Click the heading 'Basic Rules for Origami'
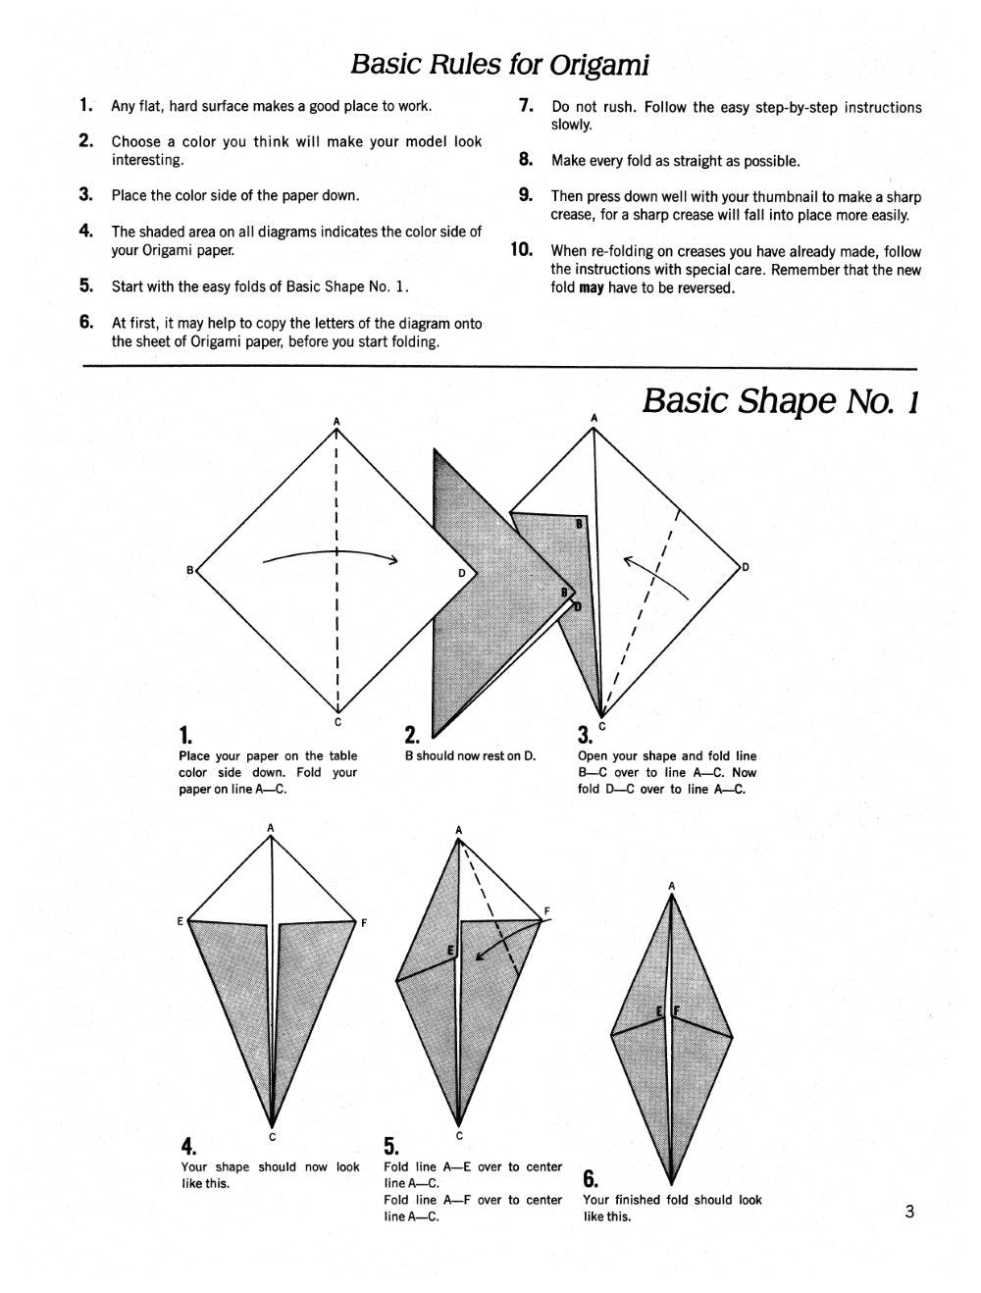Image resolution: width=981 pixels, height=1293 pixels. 499,65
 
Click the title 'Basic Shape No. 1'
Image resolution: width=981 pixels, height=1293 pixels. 780,401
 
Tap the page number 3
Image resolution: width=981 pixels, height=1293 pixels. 909,1212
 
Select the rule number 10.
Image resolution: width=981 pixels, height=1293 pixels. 521,250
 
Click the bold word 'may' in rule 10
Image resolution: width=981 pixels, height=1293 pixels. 591,288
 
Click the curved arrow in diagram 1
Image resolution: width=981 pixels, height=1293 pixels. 330,556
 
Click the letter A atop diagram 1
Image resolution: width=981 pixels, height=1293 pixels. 336,421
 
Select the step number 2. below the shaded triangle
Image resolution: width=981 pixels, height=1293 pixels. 412,735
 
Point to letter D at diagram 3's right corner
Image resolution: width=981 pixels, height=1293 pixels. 746,567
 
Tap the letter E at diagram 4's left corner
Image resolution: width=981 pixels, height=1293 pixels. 181,921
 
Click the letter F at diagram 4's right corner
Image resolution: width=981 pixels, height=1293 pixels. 364,922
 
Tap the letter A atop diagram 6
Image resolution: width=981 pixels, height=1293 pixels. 672,886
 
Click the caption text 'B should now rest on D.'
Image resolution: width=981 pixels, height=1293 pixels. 470,756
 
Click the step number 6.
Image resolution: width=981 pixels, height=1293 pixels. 591,1178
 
